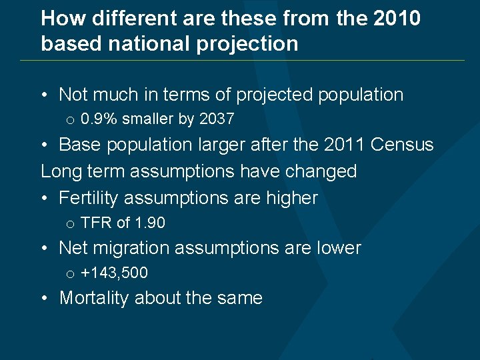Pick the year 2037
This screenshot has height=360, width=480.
point(217,119)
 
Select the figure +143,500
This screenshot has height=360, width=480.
point(114,273)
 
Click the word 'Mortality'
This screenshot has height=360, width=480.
point(95,298)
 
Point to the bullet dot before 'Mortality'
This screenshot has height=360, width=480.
point(44,298)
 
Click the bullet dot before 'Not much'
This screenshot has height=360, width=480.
point(44,95)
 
